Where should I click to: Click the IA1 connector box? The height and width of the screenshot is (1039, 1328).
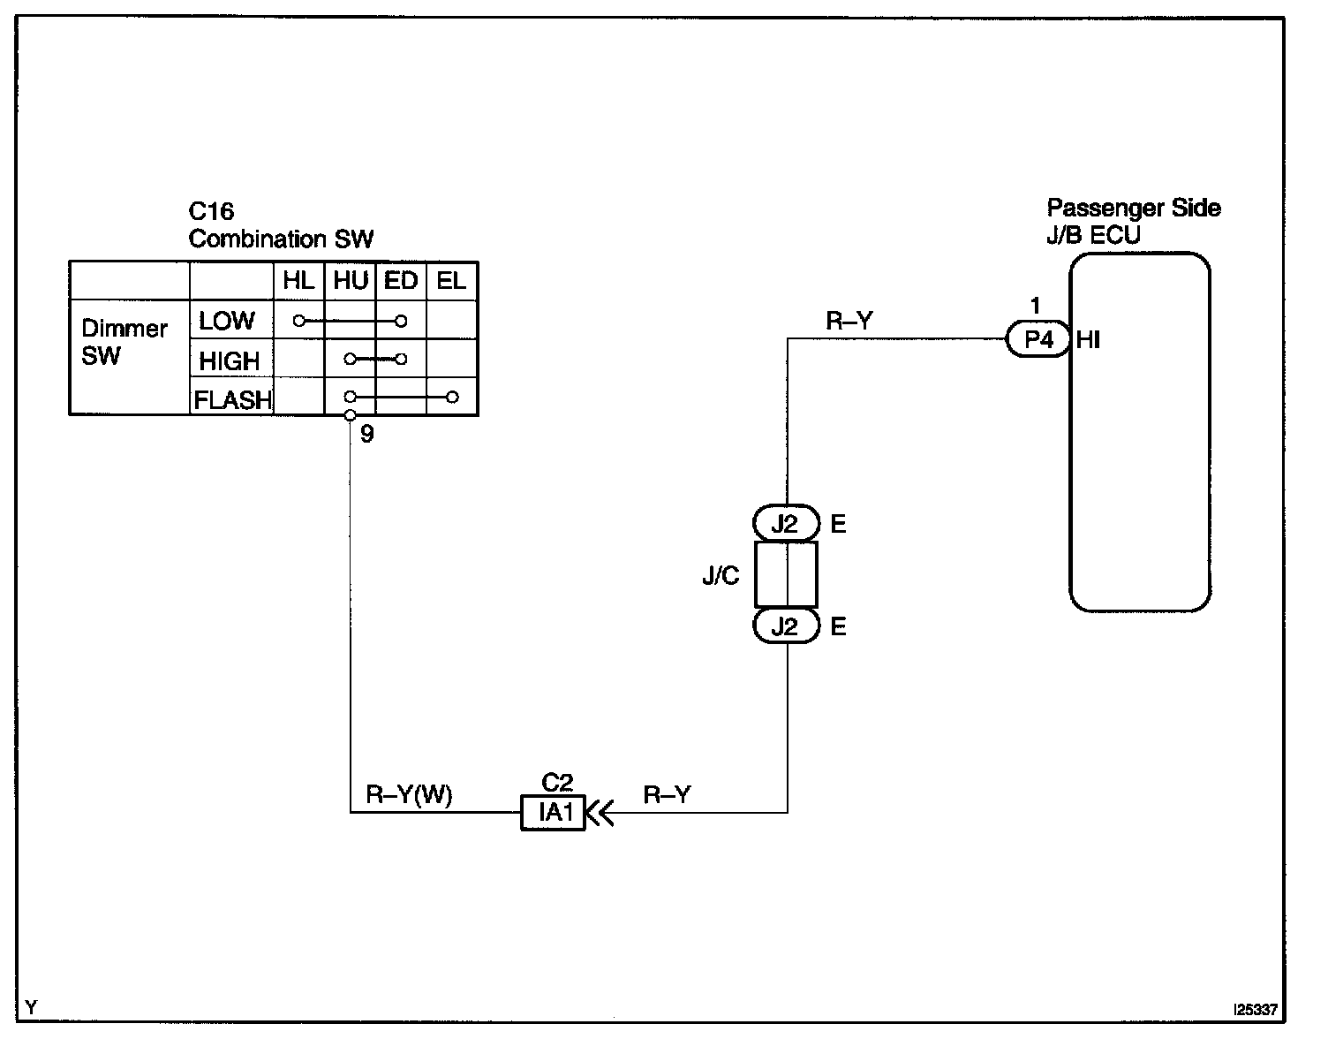tap(553, 813)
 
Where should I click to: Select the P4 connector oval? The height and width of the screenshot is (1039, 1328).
tap(1037, 338)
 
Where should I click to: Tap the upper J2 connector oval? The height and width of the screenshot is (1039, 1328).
tap(785, 523)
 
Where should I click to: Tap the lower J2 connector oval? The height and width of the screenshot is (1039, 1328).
tap(785, 626)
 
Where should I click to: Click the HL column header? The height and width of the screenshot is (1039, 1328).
tap(298, 281)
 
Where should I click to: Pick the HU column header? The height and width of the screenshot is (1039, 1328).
tap(351, 281)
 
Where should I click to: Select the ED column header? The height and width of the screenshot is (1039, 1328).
tap(401, 281)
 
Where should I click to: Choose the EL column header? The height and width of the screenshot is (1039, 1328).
tap(451, 281)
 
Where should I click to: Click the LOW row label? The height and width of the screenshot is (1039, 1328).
tap(227, 321)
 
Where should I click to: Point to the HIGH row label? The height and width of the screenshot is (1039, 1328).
tap(230, 360)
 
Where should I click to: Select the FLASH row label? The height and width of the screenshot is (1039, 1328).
tap(232, 400)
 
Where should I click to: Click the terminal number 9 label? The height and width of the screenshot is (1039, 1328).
tap(366, 434)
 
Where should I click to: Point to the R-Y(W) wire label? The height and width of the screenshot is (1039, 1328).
tap(409, 794)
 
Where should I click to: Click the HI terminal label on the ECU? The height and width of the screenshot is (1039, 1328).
tap(1088, 340)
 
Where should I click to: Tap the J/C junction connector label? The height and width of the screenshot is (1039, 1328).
tap(721, 575)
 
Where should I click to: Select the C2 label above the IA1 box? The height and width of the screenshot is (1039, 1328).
tap(557, 782)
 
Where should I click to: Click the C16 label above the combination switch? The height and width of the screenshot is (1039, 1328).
tap(211, 211)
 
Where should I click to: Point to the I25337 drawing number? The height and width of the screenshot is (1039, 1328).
tap(1256, 1010)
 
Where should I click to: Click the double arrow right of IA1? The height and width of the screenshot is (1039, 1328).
tap(600, 814)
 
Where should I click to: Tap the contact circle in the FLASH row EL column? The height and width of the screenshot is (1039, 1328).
tap(452, 398)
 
